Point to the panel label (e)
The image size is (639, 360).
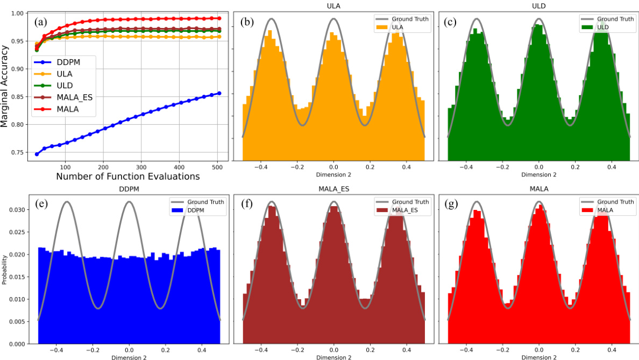(x=41, y=204)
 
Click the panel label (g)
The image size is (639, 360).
(x=451, y=204)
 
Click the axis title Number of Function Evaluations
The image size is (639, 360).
(x=127, y=176)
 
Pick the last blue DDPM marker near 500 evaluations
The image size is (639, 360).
(x=219, y=93)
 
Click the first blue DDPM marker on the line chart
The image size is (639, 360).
(x=37, y=154)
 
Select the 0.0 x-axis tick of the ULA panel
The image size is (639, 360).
(x=333, y=167)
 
